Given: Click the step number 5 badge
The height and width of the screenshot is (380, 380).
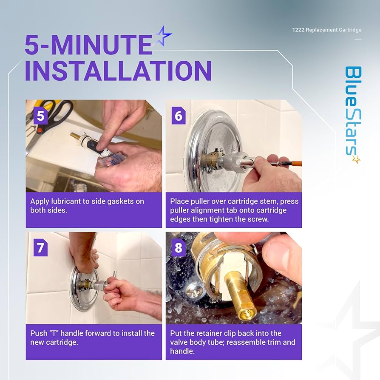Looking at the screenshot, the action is tap(40, 116).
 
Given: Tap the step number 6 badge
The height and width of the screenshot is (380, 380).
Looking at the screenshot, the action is tap(179, 116).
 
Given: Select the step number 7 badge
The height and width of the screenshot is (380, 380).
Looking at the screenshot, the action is tap(40, 248).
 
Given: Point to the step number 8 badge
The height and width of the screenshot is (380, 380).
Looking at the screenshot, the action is tap(179, 248).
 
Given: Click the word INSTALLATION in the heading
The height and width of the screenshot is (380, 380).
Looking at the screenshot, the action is tap(118, 71).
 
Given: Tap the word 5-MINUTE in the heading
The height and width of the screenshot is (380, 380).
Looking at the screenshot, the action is tap(88, 45).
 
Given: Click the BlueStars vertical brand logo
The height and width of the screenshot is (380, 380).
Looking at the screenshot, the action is tap(353, 114).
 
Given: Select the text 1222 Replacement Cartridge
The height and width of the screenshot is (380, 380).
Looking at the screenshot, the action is tap(327, 30).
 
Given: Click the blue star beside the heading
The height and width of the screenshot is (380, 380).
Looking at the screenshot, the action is tap(162, 36).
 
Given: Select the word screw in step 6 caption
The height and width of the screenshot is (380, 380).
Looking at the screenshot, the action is tap(259, 219).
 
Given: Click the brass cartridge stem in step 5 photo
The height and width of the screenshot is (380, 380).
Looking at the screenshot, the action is tap(77, 137).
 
